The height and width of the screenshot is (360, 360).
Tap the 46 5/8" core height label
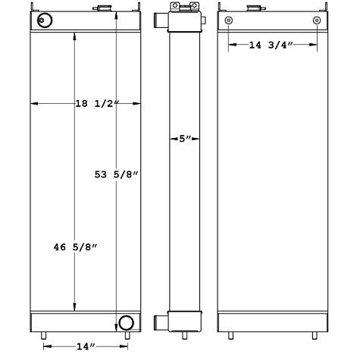pyautogui.click(x=68, y=247)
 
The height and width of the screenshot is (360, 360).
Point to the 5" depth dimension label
pyautogui.click(x=185, y=139)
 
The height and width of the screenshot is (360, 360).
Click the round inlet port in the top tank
pyautogui.click(x=46, y=20)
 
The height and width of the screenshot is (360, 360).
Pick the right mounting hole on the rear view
pyautogui.click(x=316, y=20)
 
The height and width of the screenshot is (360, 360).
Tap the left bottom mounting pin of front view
pyautogui.click(x=43, y=335)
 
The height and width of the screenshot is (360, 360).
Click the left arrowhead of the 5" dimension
pyautogui.click(x=171, y=139)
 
